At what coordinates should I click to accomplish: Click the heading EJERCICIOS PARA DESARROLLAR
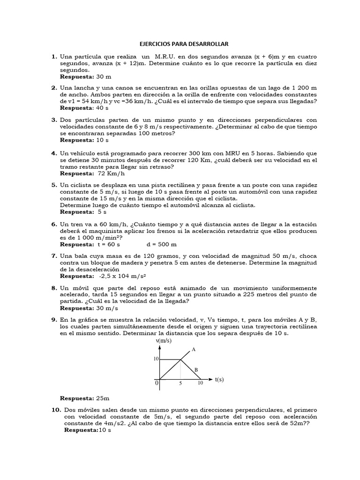184,44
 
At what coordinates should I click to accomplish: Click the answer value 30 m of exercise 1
104,76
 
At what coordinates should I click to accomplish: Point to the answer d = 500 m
162,244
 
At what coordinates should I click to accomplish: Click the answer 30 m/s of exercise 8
107,308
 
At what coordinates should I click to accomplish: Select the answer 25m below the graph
103,398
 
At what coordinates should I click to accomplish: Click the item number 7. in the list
54,256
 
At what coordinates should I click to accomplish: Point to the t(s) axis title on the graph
219,379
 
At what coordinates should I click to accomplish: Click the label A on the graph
193,350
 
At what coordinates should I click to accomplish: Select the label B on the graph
196,370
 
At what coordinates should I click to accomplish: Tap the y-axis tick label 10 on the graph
156,359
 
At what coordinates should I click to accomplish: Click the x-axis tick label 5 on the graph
180,383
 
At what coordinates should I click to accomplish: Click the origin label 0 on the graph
157,383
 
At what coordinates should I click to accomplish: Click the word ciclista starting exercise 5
82,185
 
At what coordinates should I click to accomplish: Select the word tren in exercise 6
77,225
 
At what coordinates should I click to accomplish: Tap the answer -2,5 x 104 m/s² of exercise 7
120,276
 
